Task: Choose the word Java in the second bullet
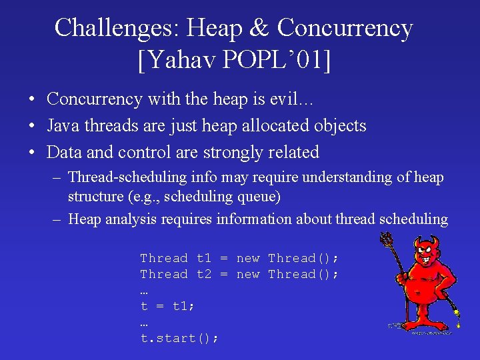63,126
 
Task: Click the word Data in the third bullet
64,153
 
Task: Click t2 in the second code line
204,274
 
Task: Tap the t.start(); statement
179,338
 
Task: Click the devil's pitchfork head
386,239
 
